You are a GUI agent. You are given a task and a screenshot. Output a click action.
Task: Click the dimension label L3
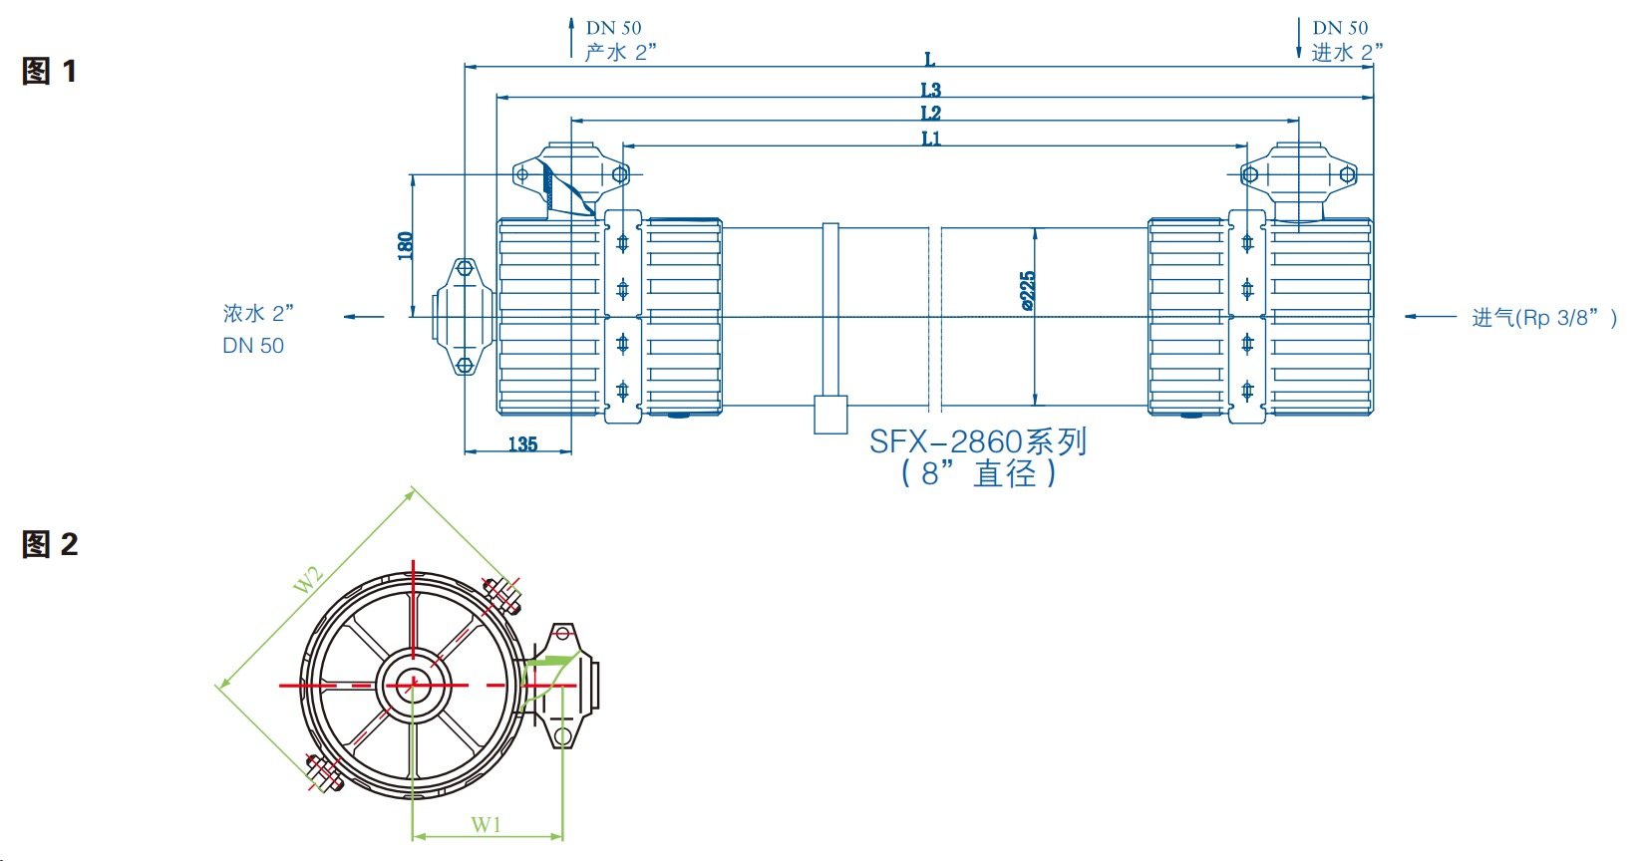[930, 90]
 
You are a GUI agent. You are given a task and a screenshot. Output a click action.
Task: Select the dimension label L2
[930, 114]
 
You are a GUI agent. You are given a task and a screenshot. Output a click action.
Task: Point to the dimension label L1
[930, 139]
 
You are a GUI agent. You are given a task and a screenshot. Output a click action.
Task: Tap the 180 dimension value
[405, 246]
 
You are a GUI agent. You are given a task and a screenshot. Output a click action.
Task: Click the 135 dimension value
[522, 444]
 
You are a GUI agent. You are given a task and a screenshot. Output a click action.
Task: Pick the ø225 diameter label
[1028, 291]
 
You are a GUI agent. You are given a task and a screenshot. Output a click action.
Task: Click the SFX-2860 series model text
[977, 441]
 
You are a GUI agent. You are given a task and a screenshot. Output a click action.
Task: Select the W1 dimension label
[487, 824]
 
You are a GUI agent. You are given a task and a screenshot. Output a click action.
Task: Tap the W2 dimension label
[308, 579]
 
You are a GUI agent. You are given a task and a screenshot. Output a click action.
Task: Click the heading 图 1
[49, 71]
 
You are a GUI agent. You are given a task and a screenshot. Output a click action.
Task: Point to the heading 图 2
[49, 544]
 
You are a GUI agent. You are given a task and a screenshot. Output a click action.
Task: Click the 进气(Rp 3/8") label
[1544, 318]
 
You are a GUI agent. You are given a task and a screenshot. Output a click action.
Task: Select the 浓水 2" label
[258, 313]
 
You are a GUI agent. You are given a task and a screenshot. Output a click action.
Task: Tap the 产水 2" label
[620, 52]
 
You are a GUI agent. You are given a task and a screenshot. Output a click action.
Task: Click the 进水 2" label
[1347, 52]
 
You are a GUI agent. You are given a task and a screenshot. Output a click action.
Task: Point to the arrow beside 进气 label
[1430, 317]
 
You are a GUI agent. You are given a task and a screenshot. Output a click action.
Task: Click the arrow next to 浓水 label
[364, 317]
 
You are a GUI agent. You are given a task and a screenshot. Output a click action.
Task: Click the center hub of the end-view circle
[411, 686]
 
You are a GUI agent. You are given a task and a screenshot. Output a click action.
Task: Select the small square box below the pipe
[830, 415]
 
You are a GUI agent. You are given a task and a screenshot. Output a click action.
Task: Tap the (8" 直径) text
[978, 473]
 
